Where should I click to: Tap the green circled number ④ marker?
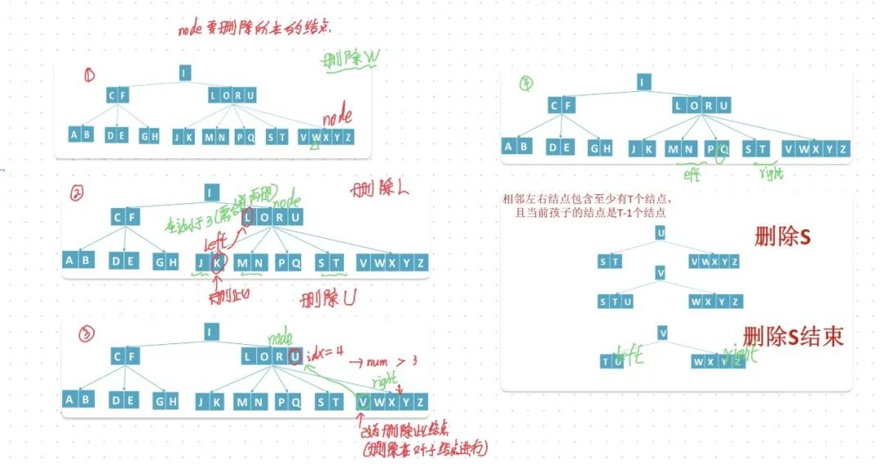(527, 82)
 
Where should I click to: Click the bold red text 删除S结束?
(792, 337)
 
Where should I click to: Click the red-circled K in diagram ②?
(218, 262)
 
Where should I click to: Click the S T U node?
(617, 302)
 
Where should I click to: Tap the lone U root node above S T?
(661, 233)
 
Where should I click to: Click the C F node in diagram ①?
(118, 96)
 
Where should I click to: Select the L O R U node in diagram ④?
(701, 105)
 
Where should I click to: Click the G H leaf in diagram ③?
(166, 402)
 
